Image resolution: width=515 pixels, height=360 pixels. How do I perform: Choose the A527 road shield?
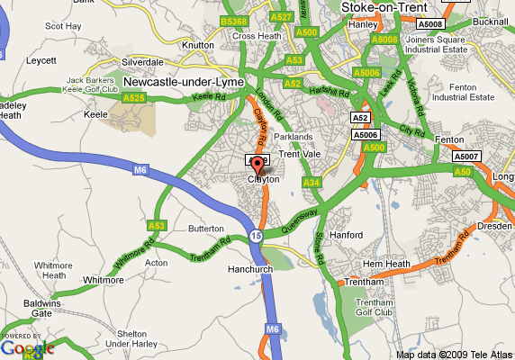[x=282, y=17]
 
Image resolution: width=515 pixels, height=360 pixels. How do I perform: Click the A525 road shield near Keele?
[x=134, y=97]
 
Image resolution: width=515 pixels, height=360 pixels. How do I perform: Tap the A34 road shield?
[x=312, y=183]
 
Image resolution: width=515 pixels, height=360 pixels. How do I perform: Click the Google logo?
[x=27, y=346]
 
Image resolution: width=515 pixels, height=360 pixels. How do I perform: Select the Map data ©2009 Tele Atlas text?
[x=454, y=354]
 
